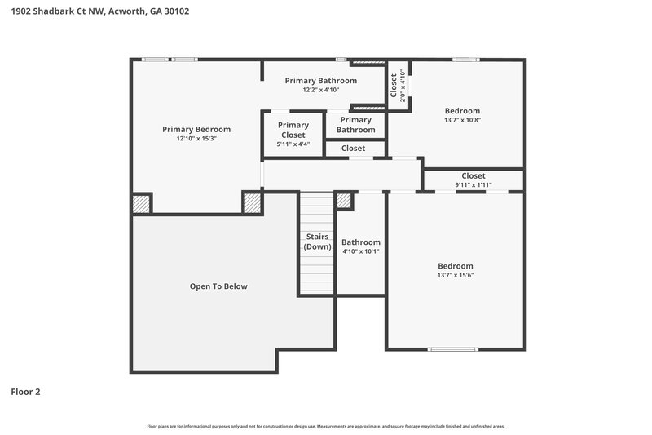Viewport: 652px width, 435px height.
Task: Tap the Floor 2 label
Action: pos(25,392)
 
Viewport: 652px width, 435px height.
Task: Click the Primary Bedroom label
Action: pos(196,129)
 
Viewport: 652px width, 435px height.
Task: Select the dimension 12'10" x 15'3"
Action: pos(196,139)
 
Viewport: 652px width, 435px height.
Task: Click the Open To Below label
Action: pos(218,286)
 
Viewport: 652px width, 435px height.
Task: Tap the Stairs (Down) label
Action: pos(317,242)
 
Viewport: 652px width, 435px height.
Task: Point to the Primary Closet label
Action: pos(293,130)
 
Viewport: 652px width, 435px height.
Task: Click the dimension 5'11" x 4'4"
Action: pos(293,144)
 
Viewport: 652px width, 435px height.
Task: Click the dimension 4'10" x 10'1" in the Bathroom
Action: pos(360,251)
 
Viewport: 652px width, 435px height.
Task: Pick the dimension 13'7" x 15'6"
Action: pos(455,276)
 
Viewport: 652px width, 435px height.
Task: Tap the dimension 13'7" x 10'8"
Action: pos(461,120)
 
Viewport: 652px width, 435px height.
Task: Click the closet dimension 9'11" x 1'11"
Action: pos(473,185)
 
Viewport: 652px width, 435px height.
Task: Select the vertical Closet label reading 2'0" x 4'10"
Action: pos(397,86)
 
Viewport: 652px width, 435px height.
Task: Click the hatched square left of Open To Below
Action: pos(142,203)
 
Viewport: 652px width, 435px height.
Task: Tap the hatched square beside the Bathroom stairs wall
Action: pos(344,201)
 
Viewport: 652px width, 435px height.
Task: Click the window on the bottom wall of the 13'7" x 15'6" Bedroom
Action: pos(454,349)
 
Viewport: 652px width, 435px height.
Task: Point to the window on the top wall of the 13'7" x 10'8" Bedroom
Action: pos(465,59)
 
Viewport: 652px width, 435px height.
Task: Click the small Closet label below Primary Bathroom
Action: pos(353,149)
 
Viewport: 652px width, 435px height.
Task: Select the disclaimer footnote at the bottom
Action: pos(325,426)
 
